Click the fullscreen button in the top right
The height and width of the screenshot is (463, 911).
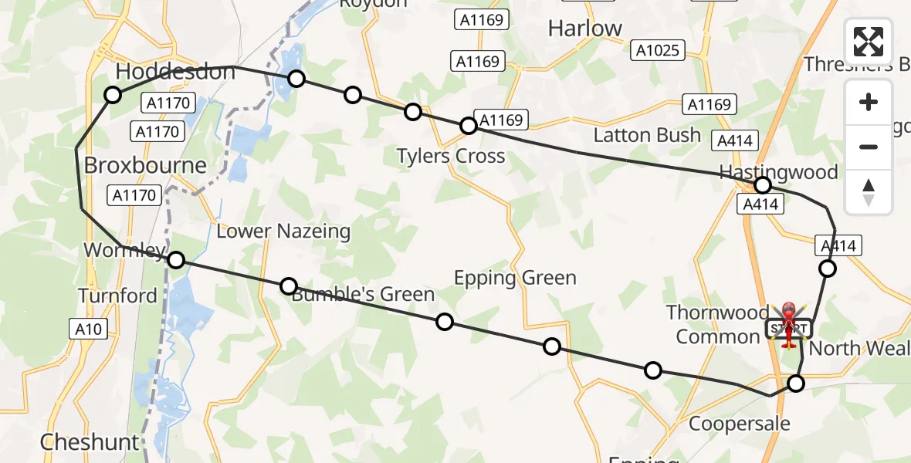click(x=869, y=42)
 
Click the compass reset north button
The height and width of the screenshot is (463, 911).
click(x=869, y=192)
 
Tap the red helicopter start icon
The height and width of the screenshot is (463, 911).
click(x=788, y=324)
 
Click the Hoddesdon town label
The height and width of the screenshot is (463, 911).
click(x=175, y=72)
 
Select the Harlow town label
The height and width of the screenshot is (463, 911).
click(x=584, y=29)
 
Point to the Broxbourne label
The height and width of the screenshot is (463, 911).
click(x=145, y=165)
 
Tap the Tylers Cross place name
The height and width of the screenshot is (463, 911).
click(x=451, y=156)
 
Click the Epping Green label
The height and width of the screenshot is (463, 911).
click(x=515, y=278)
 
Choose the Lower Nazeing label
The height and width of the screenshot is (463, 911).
click(x=283, y=231)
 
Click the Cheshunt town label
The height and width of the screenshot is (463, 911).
click(x=90, y=442)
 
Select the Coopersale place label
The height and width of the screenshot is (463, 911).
click(x=740, y=423)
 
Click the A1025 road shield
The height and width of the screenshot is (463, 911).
click(x=659, y=51)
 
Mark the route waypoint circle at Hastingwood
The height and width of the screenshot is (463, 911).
click(x=763, y=185)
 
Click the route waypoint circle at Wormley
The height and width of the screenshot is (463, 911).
click(x=176, y=260)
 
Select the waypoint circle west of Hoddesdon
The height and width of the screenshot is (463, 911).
click(x=113, y=95)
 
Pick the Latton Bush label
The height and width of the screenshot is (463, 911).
click(x=647, y=135)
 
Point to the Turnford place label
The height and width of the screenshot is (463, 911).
click(x=117, y=296)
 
